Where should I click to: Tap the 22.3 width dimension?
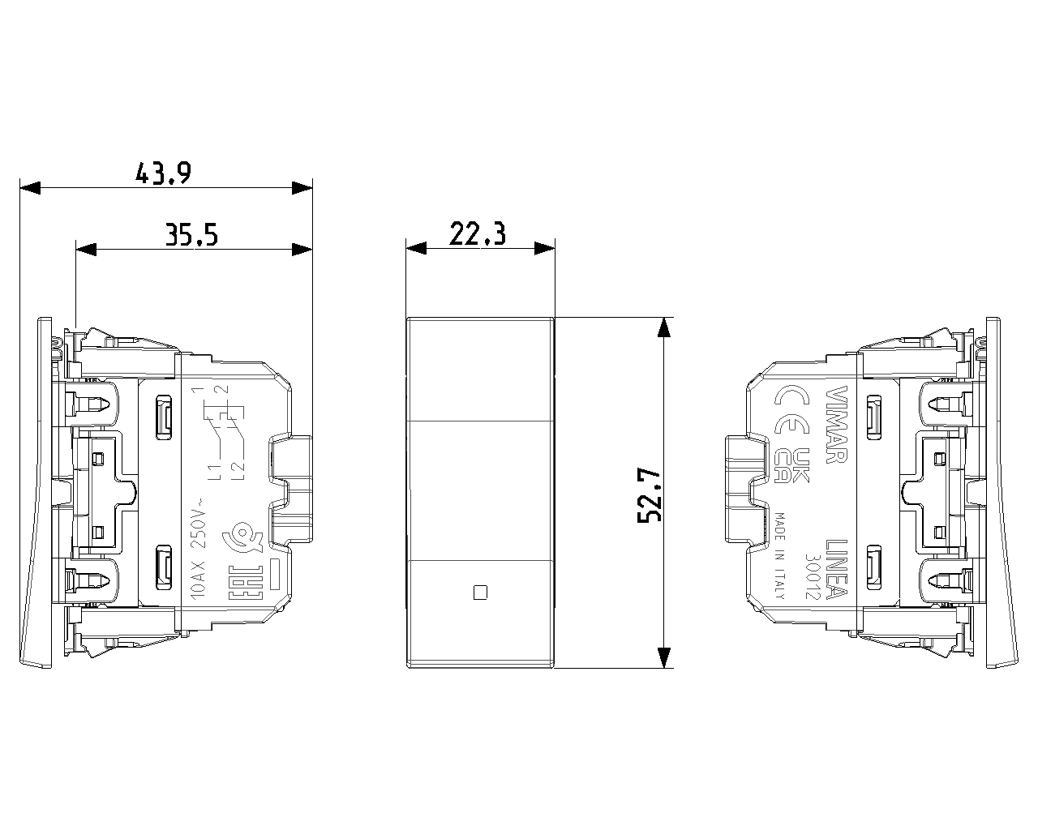[478, 234]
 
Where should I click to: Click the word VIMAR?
[834, 423]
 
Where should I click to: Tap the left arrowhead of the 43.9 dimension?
[29, 188]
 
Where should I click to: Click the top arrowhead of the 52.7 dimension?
[663, 327]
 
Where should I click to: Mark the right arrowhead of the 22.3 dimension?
[544, 248]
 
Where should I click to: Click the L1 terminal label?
[214, 473]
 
